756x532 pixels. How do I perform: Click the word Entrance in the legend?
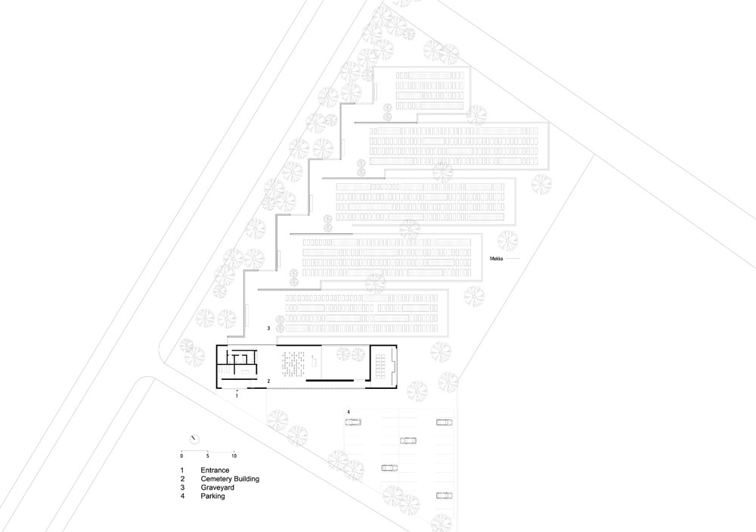[x=215, y=470]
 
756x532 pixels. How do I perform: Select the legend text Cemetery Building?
[x=230, y=479]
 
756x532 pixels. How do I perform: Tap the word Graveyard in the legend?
[x=218, y=487]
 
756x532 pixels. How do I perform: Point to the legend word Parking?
[x=212, y=496]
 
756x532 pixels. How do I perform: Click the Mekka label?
[x=497, y=259]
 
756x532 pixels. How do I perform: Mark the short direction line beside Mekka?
[x=513, y=259]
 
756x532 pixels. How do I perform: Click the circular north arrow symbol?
[x=194, y=439]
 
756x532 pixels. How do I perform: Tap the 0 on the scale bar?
[x=181, y=456]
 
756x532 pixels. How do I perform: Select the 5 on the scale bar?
[x=208, y=456]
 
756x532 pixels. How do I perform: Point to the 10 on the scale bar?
[x=234, y=456]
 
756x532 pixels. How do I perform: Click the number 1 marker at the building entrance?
[x=237, y=395]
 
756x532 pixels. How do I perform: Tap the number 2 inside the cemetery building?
[x=268, y=381]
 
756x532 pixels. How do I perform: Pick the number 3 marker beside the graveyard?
[x=268, y=328]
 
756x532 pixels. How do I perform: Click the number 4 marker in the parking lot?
[x=348, y=412]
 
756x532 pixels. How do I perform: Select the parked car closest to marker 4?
[x=353, y=422]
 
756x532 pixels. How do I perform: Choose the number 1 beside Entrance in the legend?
[x=182, y=470]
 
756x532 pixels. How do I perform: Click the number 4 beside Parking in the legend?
[x=183, y=496]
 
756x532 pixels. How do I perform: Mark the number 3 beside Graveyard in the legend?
[x=183, y=487]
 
